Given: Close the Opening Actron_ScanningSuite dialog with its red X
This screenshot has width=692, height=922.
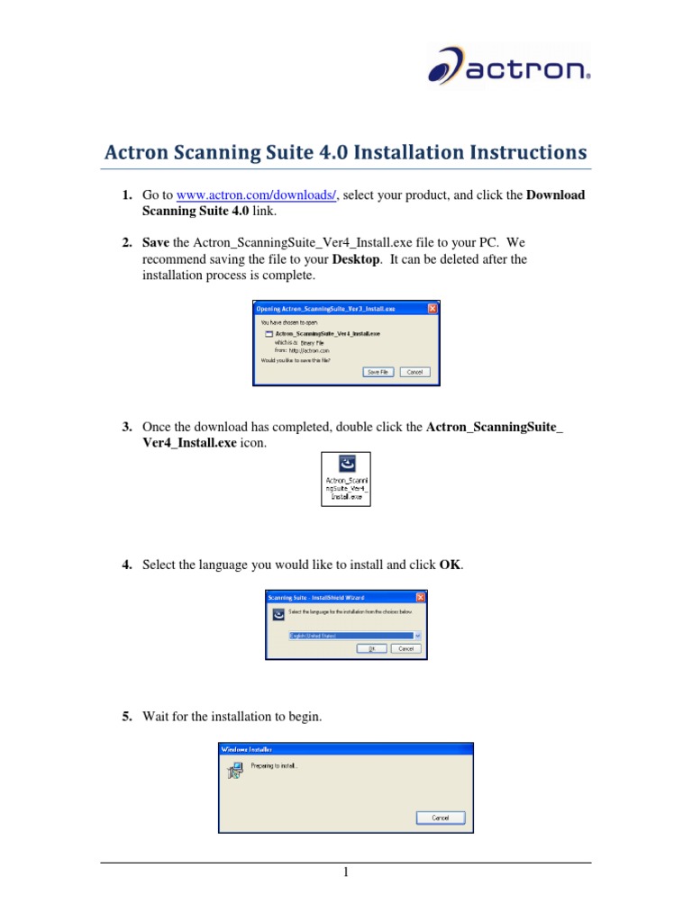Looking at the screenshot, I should pyautogui.click(x=432, y=308).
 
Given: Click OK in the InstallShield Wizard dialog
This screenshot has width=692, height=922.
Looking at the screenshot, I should pyautogui.click(x=370, y=648).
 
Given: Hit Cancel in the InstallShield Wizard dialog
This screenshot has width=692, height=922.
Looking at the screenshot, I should pyautogui.click(x=405, y=648).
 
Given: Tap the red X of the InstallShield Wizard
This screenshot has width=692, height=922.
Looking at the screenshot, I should pyautogui.click(x=421, y=597).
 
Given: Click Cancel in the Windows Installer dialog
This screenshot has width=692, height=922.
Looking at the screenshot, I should pyautogui.click(x=441, y=818).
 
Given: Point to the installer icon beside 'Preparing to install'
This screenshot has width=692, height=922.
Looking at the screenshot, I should pyautogui.click(x=233, y=770).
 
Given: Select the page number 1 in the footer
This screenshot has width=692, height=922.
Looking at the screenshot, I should pyautogui.click(x=345, y=872).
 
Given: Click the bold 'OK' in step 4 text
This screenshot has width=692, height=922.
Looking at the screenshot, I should pyautogui.click(x=450, y=565).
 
